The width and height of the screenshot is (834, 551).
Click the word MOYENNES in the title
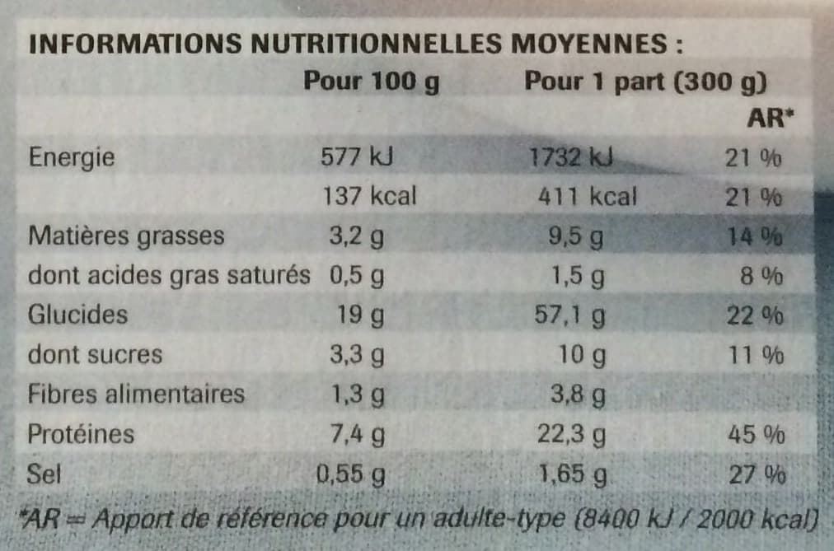[x=589, y=44]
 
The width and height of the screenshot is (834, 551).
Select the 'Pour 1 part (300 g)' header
[x=646, y=82]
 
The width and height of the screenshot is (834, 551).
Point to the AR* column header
[x=770, y=118]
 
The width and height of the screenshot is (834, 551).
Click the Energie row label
[x=71, y=158]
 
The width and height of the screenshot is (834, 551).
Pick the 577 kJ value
[x=356, y=156]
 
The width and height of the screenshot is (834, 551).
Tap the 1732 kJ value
[x=571, y=157]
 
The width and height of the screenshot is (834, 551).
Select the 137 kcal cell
[x=370, y=196]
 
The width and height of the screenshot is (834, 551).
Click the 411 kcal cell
[x=588, y=197]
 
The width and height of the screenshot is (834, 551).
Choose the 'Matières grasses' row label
[x=126, y=236]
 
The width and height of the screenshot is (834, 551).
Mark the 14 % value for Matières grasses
[x=755, y=236]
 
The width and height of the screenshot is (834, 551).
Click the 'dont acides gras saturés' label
[x=169, y=276]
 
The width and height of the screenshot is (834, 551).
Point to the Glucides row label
[x=77, y=314]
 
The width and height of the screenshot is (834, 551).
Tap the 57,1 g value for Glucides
[x=569, y=316]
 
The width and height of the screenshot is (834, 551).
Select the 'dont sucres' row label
[x=95, y=354]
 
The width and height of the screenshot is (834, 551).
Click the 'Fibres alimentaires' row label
[x=136, y=395]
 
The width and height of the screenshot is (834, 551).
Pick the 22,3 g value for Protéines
[x=571, y=435]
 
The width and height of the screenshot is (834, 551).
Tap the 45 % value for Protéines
[x=757, y=435]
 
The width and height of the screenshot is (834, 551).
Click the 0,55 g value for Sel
[x=350, y=474]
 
